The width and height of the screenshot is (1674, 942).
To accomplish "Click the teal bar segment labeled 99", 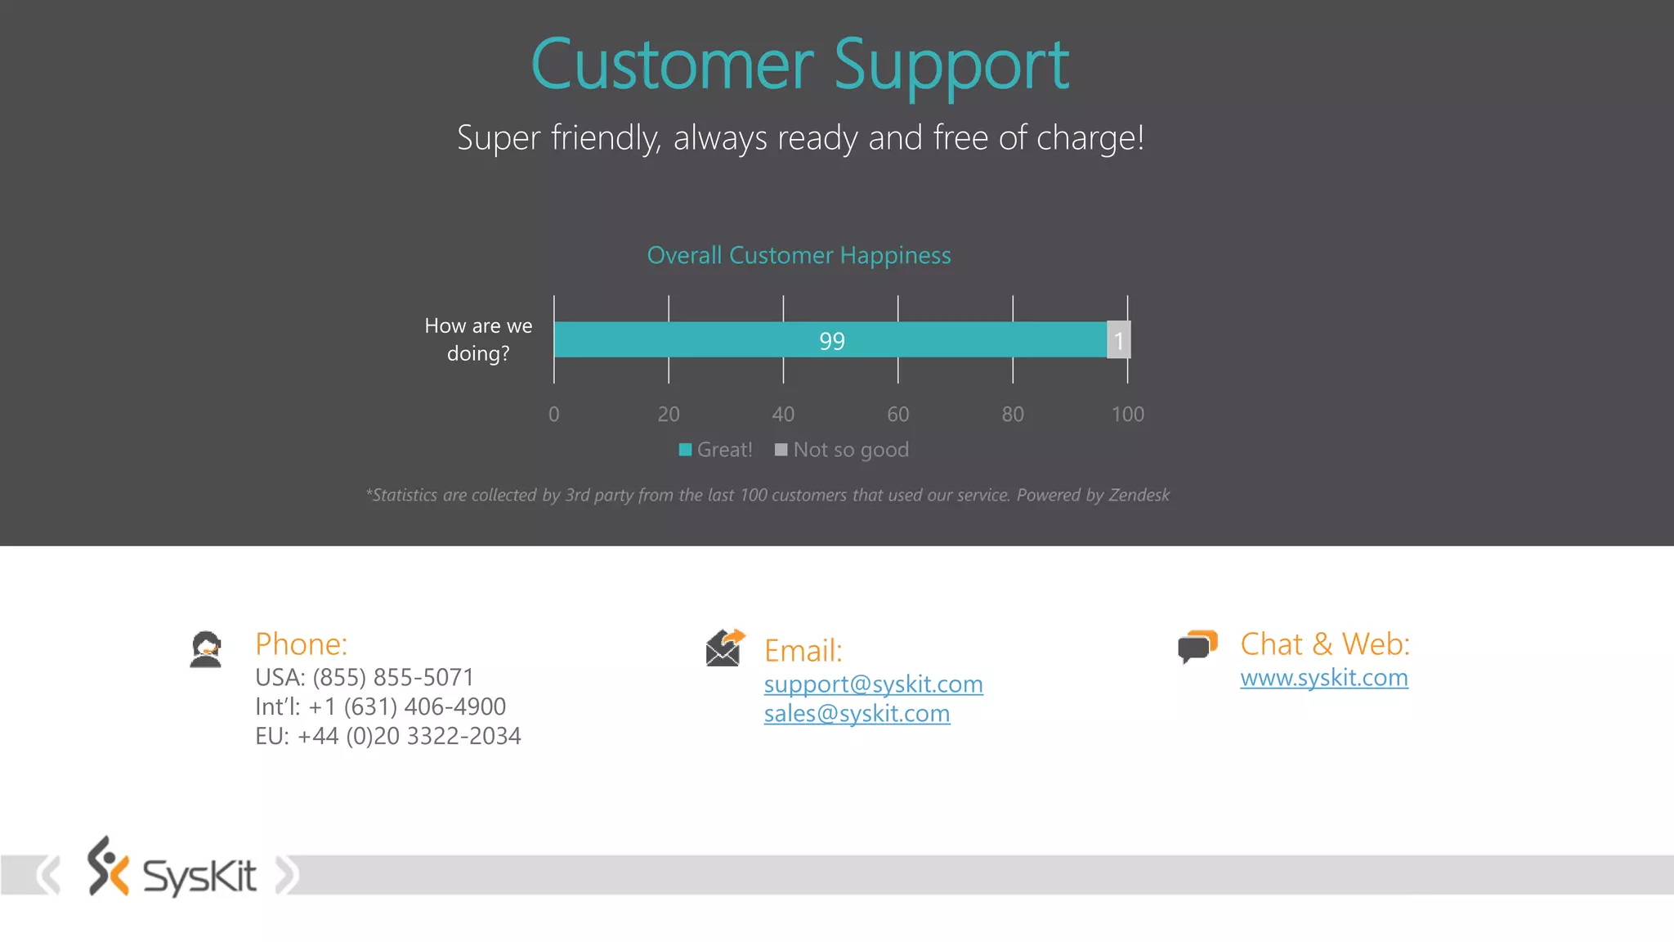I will point(830,340).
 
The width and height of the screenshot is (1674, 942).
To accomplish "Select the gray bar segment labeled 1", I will point(1119,340).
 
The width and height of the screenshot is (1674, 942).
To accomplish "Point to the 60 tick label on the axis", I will point(897,415).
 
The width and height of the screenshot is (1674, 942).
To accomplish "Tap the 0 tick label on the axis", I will point(553,415).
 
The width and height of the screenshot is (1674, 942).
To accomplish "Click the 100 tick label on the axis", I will point(1127,415).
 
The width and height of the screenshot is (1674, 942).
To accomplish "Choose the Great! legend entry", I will point(716,450).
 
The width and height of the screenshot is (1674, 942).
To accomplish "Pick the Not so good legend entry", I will point(842,450).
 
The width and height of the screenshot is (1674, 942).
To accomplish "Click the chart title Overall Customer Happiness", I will point(799,255).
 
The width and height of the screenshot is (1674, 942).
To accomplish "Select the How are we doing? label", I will point(478,339).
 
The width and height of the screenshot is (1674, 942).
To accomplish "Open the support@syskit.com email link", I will point(873,684).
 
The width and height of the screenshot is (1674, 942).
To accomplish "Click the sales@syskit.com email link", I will point(857,714).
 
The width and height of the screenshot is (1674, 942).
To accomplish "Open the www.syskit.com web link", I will point(1323,678).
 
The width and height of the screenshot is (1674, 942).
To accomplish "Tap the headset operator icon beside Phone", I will point(206,650).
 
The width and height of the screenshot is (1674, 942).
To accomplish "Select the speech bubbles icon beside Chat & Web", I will point(1197,647).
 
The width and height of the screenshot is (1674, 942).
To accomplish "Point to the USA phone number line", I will point(365,678).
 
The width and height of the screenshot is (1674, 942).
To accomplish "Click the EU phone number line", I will point(387,737).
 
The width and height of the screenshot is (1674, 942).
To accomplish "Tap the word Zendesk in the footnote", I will point(1139,496).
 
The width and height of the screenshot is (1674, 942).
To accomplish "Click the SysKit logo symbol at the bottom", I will point(108,867).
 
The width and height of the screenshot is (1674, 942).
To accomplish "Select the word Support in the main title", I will point(951,65).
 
